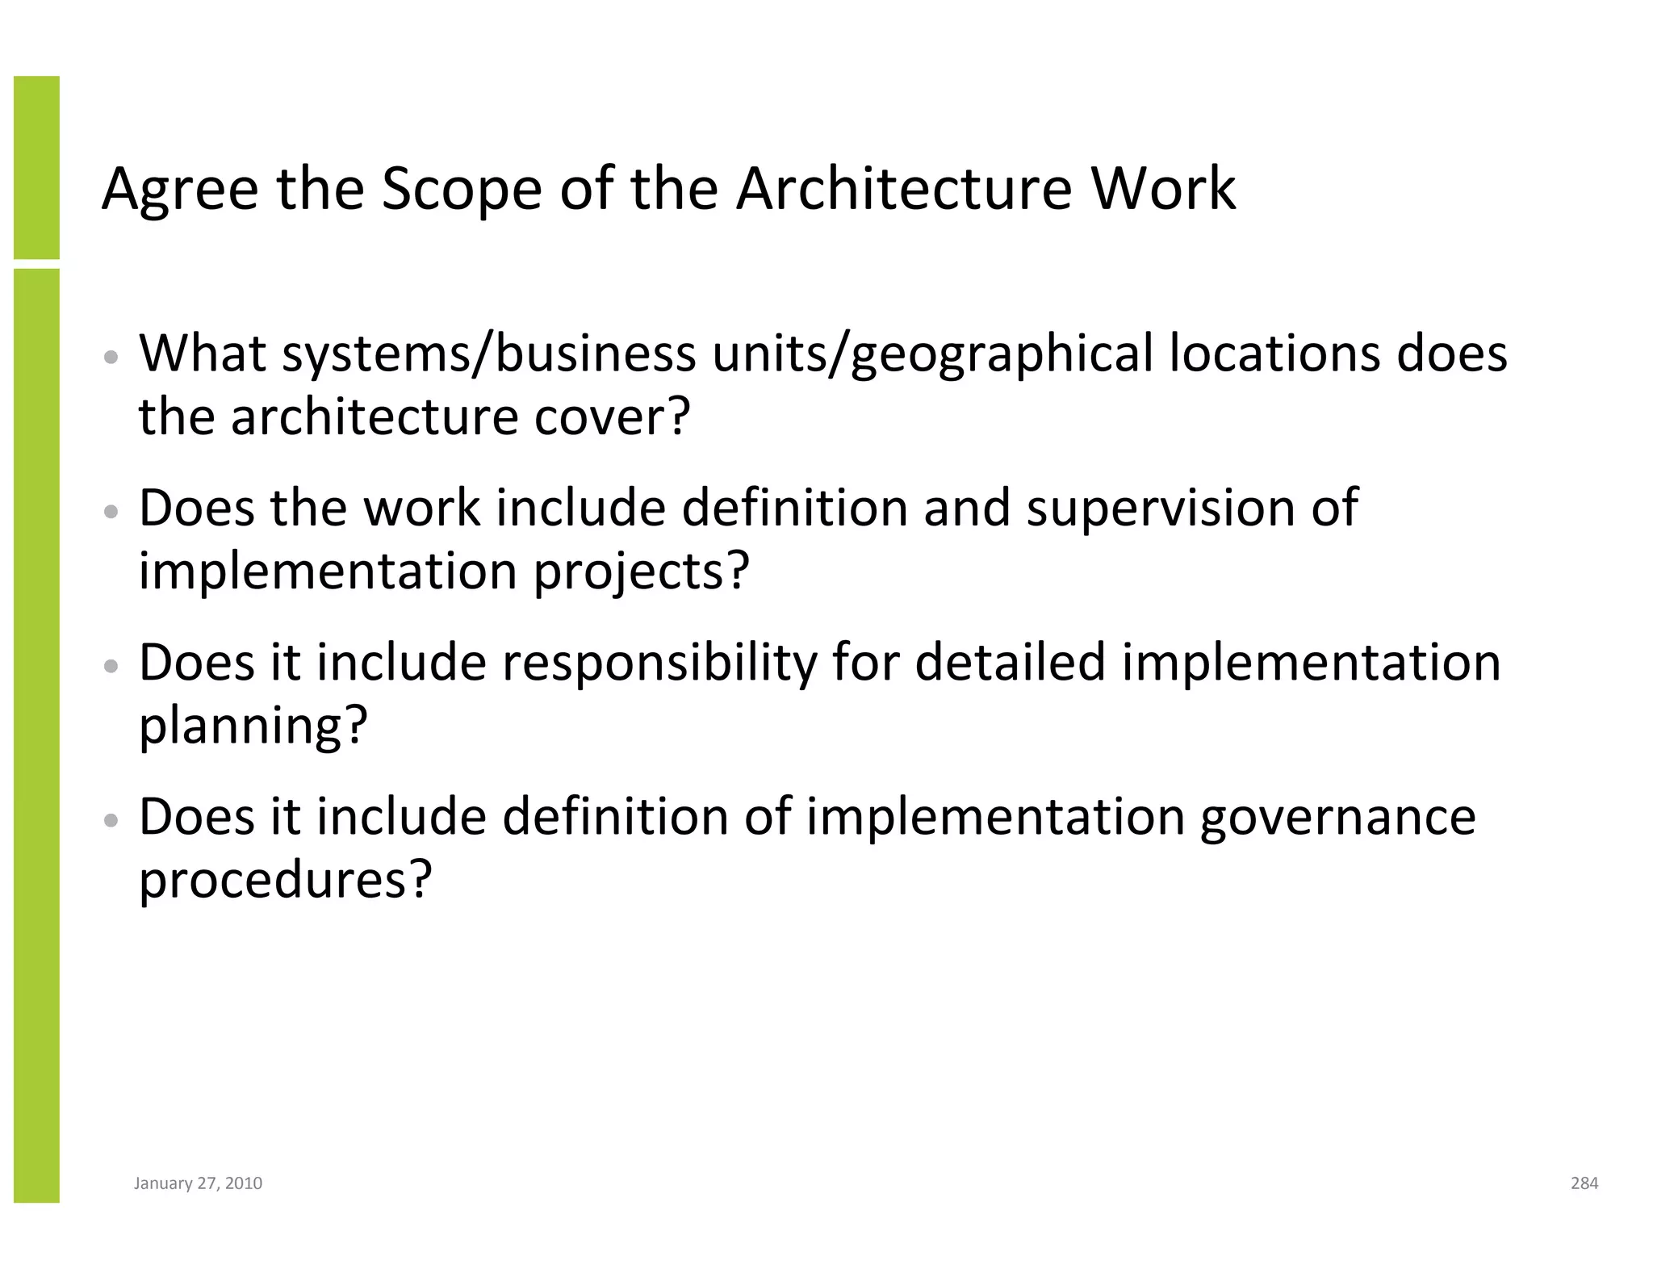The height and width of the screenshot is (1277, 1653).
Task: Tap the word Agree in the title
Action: (x=180, y=190)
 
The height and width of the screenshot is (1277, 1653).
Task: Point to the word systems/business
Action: (x=488, y=355)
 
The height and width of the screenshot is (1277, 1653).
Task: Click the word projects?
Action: (x=642, y=572)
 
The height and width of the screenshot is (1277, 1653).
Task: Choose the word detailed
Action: (x=1010, y=663)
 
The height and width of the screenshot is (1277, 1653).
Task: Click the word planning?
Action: (x=253, y=726)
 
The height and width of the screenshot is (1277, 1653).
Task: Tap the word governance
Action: (x=1337, y=818)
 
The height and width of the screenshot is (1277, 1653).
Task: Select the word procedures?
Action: (x=286, y=880)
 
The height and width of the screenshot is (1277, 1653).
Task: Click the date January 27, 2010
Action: (x=198, y=1183)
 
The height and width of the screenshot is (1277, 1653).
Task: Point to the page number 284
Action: (x=1584, y=1183)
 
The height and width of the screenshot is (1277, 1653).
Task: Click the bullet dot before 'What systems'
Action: (x=112, y=357)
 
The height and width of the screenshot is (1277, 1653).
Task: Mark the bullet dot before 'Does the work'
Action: (x=112, y=512)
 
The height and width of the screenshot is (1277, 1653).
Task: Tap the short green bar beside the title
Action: (x=36, y=167)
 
